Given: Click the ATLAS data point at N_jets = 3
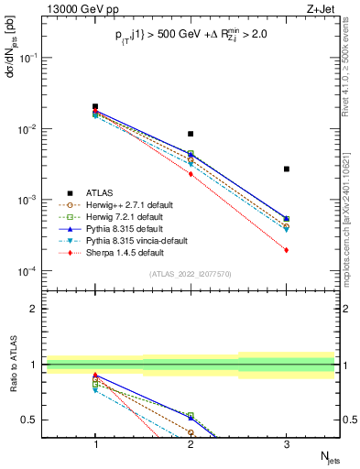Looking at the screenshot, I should [287, 169].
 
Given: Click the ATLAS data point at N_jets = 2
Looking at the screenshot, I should [191, 134].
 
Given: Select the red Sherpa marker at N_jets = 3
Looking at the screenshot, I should [287, 250].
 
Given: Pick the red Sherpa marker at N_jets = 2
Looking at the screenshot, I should [191, 173].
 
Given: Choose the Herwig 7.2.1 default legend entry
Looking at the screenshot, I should [122, 217].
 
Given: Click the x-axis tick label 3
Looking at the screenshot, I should [287, 442].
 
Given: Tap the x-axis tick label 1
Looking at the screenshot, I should [95, 442].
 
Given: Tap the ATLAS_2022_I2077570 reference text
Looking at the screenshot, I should [191, 273].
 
